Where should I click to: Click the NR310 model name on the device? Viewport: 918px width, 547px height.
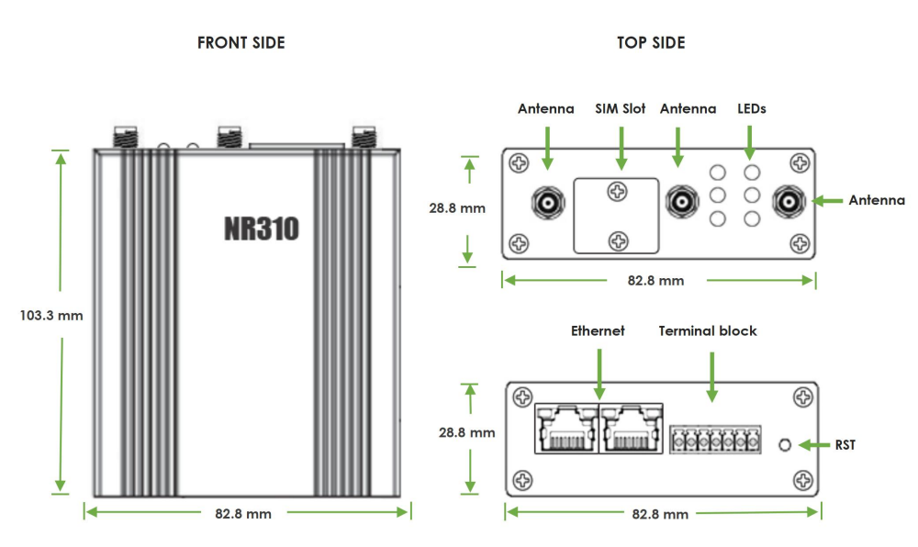(x=262, y=229)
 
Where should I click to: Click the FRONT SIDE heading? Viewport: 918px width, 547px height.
(x=241, y=43)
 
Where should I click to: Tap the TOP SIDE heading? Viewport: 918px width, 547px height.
(x=652, y=43)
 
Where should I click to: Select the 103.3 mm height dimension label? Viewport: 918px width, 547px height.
(x=51, y=316)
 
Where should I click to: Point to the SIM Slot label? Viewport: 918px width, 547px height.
(x=621, y=108)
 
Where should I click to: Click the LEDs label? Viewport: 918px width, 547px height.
(x=752, y=108)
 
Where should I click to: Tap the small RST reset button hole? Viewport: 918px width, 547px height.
(x=785, y=445)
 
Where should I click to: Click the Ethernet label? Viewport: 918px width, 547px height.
(x=598, y=330)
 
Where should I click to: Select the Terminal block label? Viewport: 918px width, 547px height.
(x=708, y=330)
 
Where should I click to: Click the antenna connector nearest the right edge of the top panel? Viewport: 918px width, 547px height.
(x=787, y=200)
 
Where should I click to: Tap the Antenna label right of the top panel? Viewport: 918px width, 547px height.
(x=877, y=200)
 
